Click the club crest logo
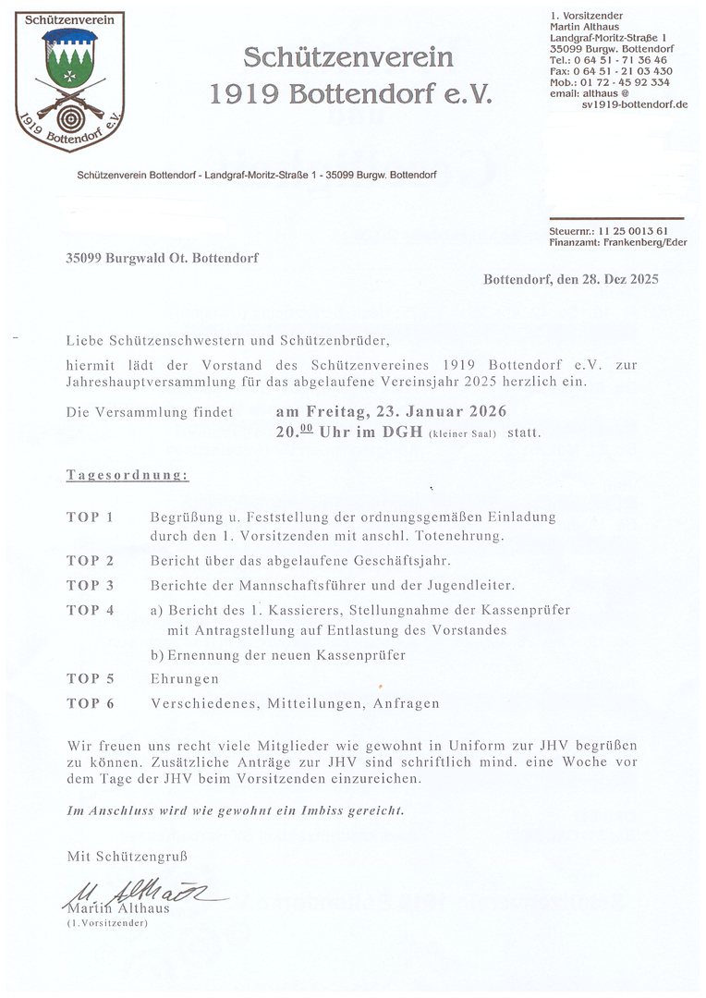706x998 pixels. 70,81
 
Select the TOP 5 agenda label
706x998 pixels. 90,679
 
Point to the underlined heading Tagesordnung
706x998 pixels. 128,475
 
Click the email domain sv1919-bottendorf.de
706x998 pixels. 634,104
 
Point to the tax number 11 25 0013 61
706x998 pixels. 633,230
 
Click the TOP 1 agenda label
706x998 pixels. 90,517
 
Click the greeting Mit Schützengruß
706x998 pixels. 126,857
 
